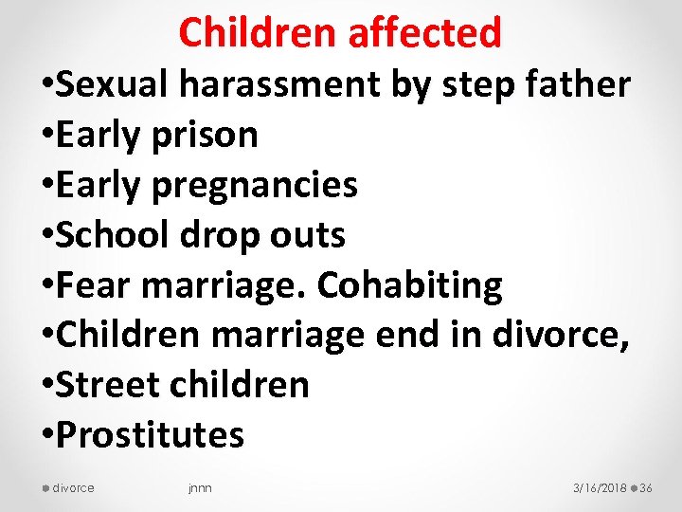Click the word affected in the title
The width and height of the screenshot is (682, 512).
tap(424, 34)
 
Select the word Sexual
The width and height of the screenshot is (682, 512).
tap(113, 85)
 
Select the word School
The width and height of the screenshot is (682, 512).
tap(114, 235)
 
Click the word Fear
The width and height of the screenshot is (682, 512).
tap(93, 285)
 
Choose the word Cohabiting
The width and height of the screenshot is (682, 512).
tap(410, 285)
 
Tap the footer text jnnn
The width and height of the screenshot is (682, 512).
tap(200, 488)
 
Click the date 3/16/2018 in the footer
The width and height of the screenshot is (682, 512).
tap(600, 488)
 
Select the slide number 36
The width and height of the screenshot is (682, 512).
tap(647, 488)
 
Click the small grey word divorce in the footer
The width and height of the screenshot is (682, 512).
tap(74, 488)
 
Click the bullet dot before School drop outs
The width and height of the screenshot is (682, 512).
tap(45, 237)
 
